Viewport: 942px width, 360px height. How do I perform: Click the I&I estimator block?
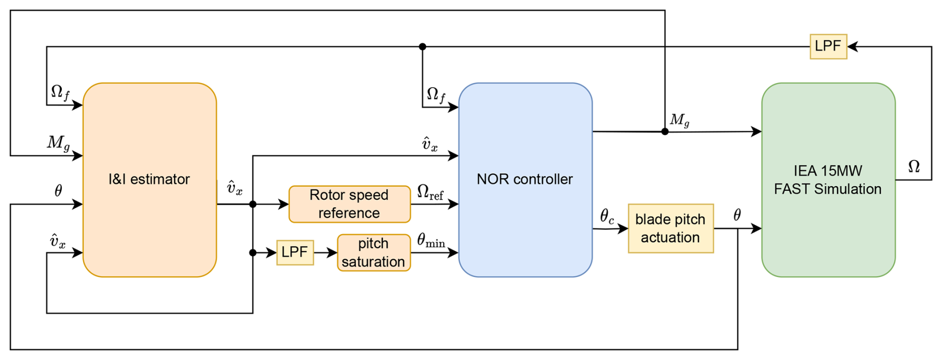click(x=149, y=180)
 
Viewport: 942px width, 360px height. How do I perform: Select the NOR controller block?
click(x=525, y=180)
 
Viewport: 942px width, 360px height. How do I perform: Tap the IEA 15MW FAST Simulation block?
click(x=828, y=180)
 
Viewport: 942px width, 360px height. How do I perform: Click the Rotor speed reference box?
click(x=349, y=204)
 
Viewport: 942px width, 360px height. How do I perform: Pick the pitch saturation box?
click(x=373, y=253)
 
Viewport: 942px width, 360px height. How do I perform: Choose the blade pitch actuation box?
click(x=670, y=229)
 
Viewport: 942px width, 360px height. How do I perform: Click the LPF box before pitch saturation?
click(x=295, y=252)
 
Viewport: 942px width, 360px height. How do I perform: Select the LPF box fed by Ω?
click(x=828, y=46)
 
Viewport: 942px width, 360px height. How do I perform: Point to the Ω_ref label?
click(x=430, y=192)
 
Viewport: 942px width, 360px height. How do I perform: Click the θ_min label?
click(x=431, y=241)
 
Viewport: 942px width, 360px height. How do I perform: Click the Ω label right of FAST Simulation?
click(x=914, y=167)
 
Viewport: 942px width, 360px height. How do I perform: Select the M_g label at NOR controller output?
click(x=680, y=120)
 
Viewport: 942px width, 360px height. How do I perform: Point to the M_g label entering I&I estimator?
click(x=58, y=143)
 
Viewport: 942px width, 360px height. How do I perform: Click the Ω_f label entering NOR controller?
click(x=436, y=94)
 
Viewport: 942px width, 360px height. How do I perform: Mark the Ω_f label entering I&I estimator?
click(x=60, y=92)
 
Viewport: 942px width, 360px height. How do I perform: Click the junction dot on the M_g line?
click(x=665, y=131)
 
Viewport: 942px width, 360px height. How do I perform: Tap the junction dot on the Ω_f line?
click(x=422, y=47)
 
